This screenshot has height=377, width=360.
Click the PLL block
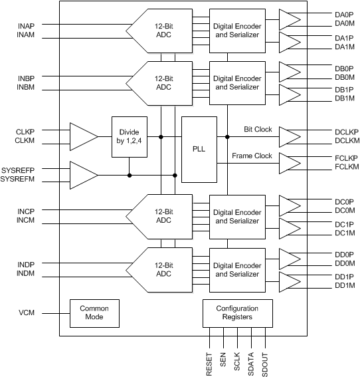pyautogui.click(x=199, y=150)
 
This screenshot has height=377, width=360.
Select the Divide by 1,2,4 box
pyautogui.click(x=129, y=137)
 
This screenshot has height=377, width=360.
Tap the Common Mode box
pyautogui.click(x=94, y=313)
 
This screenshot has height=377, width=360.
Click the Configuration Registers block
pyautogui.click(x=237, y=313)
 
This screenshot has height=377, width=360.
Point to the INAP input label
pyautogui.click(x=30, y=26)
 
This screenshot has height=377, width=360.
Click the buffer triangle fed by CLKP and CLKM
pyautogui.click(x=82, y=137)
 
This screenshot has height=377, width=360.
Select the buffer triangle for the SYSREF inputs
pyautogui.click(x=82, y=175)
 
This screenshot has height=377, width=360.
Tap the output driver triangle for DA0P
pyautogui.click(x=289, y=19)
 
